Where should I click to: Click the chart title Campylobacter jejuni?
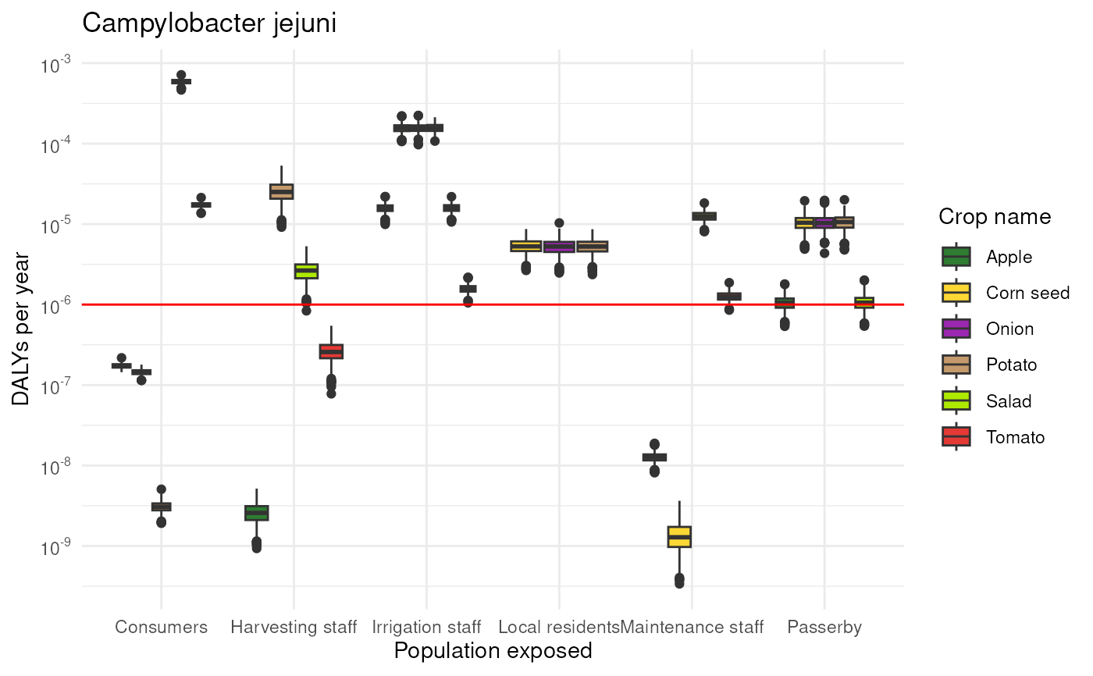tap(209, 23)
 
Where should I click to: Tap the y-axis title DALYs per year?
tap(20, 329)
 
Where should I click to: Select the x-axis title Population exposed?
tap(493, 651)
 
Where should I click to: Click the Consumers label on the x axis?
tap(161, 627)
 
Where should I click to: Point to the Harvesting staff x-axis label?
tap(294, 628)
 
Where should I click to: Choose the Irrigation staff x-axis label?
tap(426, 628)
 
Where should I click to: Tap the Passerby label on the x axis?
tap(824, 628)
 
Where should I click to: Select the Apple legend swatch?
tap(956, 257)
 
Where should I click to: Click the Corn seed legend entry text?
tap(1027, 293)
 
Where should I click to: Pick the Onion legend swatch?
tap(956, 329)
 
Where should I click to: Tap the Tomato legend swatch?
tap(956, 436)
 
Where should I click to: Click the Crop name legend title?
tap(995, 217)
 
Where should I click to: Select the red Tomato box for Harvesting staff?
tap(331, 351)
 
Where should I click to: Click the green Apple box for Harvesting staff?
tap(257, 513)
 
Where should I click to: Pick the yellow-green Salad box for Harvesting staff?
tap(306, 271)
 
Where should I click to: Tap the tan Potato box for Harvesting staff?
tap(282, 192)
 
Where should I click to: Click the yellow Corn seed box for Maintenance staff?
tap(679, 536)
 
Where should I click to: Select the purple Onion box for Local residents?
tap(559, 247)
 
